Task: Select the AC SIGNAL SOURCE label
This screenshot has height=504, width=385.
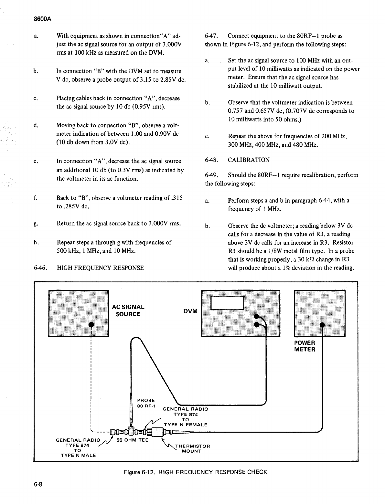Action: pyautogui.click(x=128, y=310)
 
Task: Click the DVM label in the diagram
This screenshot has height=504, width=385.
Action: pyautogui.click(x=190, y=311)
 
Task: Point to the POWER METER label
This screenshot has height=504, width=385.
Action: pyautogui.click(x=304, y=346)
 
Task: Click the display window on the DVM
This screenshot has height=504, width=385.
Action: pyautogui.click(x=227, y=303)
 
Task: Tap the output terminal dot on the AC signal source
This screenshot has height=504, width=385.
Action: pyautogui.click(x=91, y=324)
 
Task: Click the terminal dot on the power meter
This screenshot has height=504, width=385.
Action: pyautogui.click(x=322, y=325)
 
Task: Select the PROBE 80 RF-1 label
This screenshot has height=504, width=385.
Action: pyautogui.click(x=146, y=403)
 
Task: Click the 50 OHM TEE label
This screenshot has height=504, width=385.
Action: pyautogui.click(x=132, y=440)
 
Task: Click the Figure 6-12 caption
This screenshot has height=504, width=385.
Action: pyautogui.click(x=196, y=472)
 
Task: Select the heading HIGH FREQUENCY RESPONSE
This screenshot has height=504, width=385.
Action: pyautogui.click(x=100, y=268)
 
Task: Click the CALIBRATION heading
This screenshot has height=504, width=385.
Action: pyautogui.click(x=249, y=160)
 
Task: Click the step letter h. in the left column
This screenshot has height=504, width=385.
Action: pyautogui.click(x=35, y=242)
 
